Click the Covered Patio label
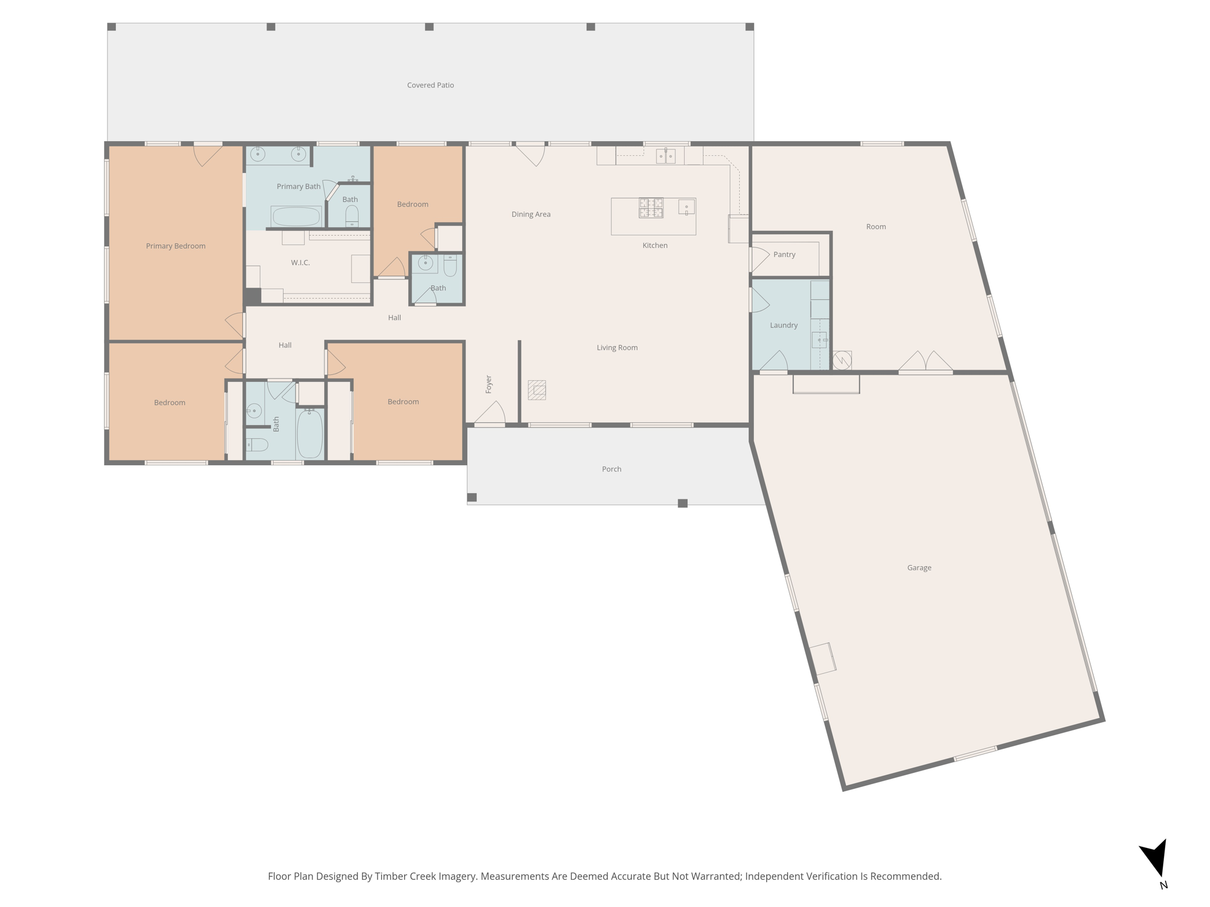pyautogui.click(x=430, y=85)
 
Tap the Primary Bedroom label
pyautogui.click(x=175, y=246)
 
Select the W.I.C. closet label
pyautogui.click(x=300, y=263)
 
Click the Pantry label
pyautogui.click(x=784, y=255)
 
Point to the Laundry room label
pyautogui.click(x=783, y=325)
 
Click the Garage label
pyautogui.click(x=919, y=568)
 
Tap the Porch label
pyautogui.click(x=611, y=469)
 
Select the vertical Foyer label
pyautogui.click(x=489, y=384)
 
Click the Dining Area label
pyautogui.click(x=531, y=214)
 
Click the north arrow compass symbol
pyautogui.click(x=1155, y=859)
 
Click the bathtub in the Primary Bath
pyautogui.click(x=296, y=216)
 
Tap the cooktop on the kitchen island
pyautogui.click(x=650, y=208)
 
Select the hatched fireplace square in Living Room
pyautogui.click(x=536, y=390)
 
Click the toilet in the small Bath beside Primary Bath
pyautogui.click(x=352, y=215)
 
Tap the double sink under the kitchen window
pyautogui.click(x=665, y=156)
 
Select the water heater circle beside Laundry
pyautogui.click(x=842, y=360)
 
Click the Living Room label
pyautogui.click(x=617, y=348)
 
